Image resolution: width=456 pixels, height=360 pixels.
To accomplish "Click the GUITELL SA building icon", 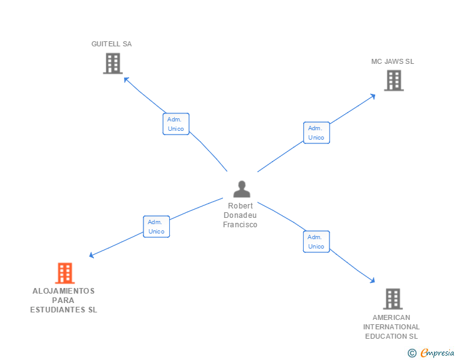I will pos(112,63).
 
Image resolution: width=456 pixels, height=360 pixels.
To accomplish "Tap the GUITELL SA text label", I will pos(111,44).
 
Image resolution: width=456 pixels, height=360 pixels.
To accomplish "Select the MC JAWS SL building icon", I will pos(393,80).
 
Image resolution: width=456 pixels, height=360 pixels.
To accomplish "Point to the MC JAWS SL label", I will pos(393,61).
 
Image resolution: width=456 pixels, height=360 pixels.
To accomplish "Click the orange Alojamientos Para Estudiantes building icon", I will pos(65,274).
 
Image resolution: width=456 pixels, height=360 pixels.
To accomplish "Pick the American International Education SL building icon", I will pos(392,299).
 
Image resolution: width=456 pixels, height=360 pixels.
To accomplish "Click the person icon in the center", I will pos(241,189).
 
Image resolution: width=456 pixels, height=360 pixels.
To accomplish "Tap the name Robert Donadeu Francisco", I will pos(241,215).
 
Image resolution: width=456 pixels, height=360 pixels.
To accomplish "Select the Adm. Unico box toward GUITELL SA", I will pos(176,124).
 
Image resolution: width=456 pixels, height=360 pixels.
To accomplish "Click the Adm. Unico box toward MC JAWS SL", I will pos(316,133).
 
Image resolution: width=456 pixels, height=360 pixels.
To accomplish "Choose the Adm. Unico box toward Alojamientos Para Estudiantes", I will pos(157,227).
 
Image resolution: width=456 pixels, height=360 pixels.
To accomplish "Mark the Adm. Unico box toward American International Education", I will pos(316,242).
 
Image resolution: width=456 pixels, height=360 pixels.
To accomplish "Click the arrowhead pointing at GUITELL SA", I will pos(125,79).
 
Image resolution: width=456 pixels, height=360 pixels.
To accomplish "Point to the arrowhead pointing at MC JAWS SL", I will pos(373,95).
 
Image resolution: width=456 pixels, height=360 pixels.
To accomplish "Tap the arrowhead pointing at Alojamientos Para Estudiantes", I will pos(91,255).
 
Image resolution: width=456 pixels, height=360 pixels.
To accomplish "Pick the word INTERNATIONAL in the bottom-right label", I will pos(391,327).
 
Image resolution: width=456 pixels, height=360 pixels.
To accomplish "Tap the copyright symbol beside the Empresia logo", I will pos(412,353).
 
